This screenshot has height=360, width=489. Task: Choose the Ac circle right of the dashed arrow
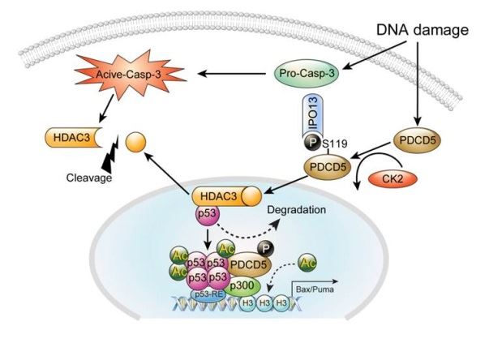[x=308, y=263]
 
